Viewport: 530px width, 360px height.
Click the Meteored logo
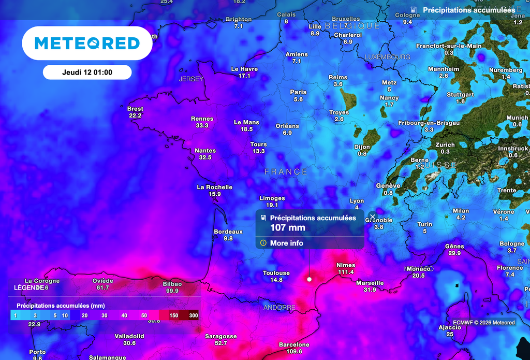87,44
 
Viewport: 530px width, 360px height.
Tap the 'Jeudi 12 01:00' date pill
87,73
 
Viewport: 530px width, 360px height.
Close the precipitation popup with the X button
372,217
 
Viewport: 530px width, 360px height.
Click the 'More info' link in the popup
286,243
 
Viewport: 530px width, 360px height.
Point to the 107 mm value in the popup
288,228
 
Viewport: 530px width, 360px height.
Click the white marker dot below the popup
309,279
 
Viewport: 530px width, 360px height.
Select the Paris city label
298,92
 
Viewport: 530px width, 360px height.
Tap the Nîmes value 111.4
345,272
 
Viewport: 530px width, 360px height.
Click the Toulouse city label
276,273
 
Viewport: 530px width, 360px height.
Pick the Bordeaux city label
228,232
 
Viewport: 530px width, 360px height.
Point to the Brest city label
135,109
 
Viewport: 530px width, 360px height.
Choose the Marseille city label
370,283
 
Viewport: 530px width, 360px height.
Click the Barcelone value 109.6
294,351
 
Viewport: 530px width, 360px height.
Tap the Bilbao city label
172,284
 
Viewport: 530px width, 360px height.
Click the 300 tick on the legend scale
194,315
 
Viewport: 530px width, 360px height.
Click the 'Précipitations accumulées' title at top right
469,10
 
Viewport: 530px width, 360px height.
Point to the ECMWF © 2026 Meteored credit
484,323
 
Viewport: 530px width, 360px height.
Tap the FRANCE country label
286,171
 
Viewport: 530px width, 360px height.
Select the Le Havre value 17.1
244,76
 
